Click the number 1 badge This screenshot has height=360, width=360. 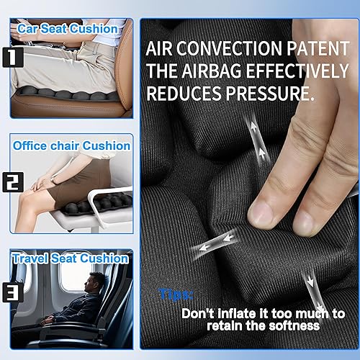[17, 57]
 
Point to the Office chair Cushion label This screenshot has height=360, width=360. [71, 145]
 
